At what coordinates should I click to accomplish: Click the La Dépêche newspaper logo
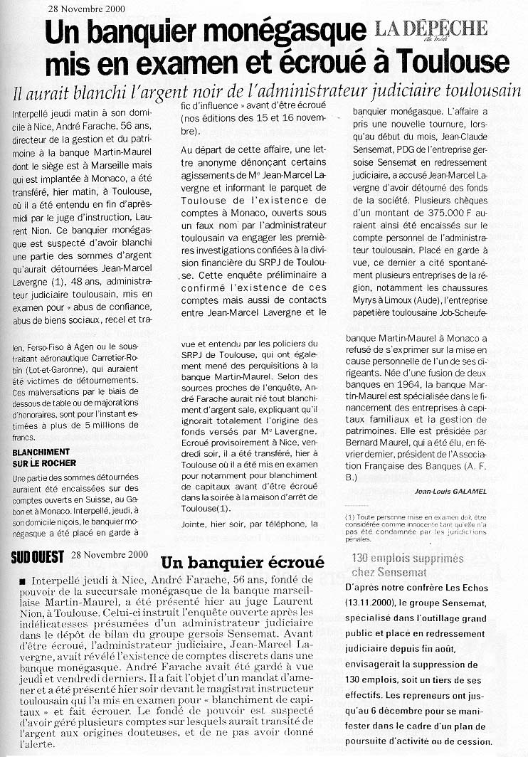[x=431, y=29]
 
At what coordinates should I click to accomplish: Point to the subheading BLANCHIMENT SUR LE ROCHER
[x=41, y=457]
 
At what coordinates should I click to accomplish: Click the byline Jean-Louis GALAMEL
[x=456, y=491]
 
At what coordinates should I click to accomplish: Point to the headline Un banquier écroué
[x=242, y=562]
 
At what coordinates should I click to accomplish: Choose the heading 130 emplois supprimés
[x=407, y=559]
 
